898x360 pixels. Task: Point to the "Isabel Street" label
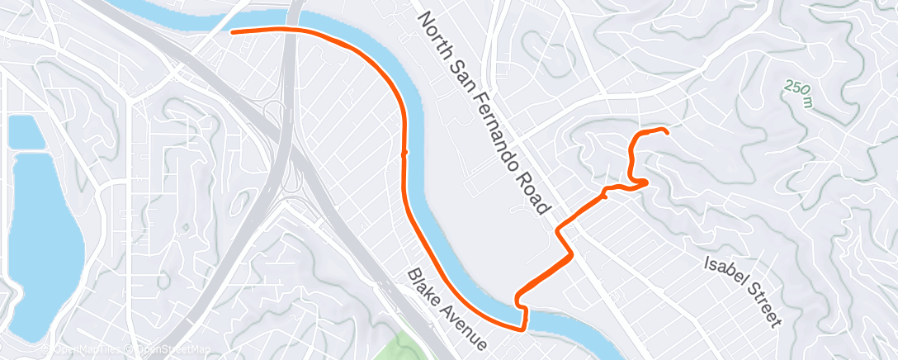tap(740, 290)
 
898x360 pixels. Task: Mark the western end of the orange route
tap(232, 31)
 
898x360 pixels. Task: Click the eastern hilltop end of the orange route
tap(665, 130)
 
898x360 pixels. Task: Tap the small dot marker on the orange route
tap(404, 153)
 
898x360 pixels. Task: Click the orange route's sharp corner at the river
tap(523, 329)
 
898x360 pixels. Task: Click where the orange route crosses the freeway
tap(290, 29)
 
